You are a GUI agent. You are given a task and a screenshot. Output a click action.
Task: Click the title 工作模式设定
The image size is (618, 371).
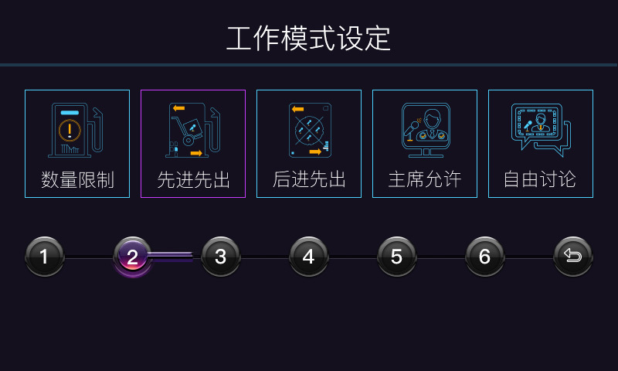click(x=308, y=38)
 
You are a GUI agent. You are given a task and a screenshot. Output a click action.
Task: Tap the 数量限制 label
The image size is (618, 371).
click(x=77, y=180)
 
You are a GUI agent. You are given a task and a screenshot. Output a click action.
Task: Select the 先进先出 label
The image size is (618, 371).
click(x=193, y=180)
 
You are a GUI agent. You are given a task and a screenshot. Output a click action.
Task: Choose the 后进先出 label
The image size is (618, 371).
click(x=309, y=180)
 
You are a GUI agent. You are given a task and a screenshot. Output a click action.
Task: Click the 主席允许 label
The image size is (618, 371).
click(x=425, y=180)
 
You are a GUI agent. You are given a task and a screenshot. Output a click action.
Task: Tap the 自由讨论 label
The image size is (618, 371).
click(x=540, y=180)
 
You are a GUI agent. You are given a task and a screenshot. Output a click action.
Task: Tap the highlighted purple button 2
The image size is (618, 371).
click(x=132, y=257)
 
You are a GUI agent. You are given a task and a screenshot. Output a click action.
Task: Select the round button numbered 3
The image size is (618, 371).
click(x=220, y=257)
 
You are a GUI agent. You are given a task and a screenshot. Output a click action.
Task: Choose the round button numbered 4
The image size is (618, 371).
click(x=308, y=257)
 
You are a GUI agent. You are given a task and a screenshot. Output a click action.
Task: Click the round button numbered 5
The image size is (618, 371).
click(x=396, y=257)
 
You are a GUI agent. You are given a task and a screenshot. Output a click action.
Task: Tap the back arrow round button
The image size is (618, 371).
click(x=572, y=257)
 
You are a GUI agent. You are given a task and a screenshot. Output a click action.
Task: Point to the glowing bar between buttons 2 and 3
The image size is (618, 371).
click(x=171, y=256)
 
